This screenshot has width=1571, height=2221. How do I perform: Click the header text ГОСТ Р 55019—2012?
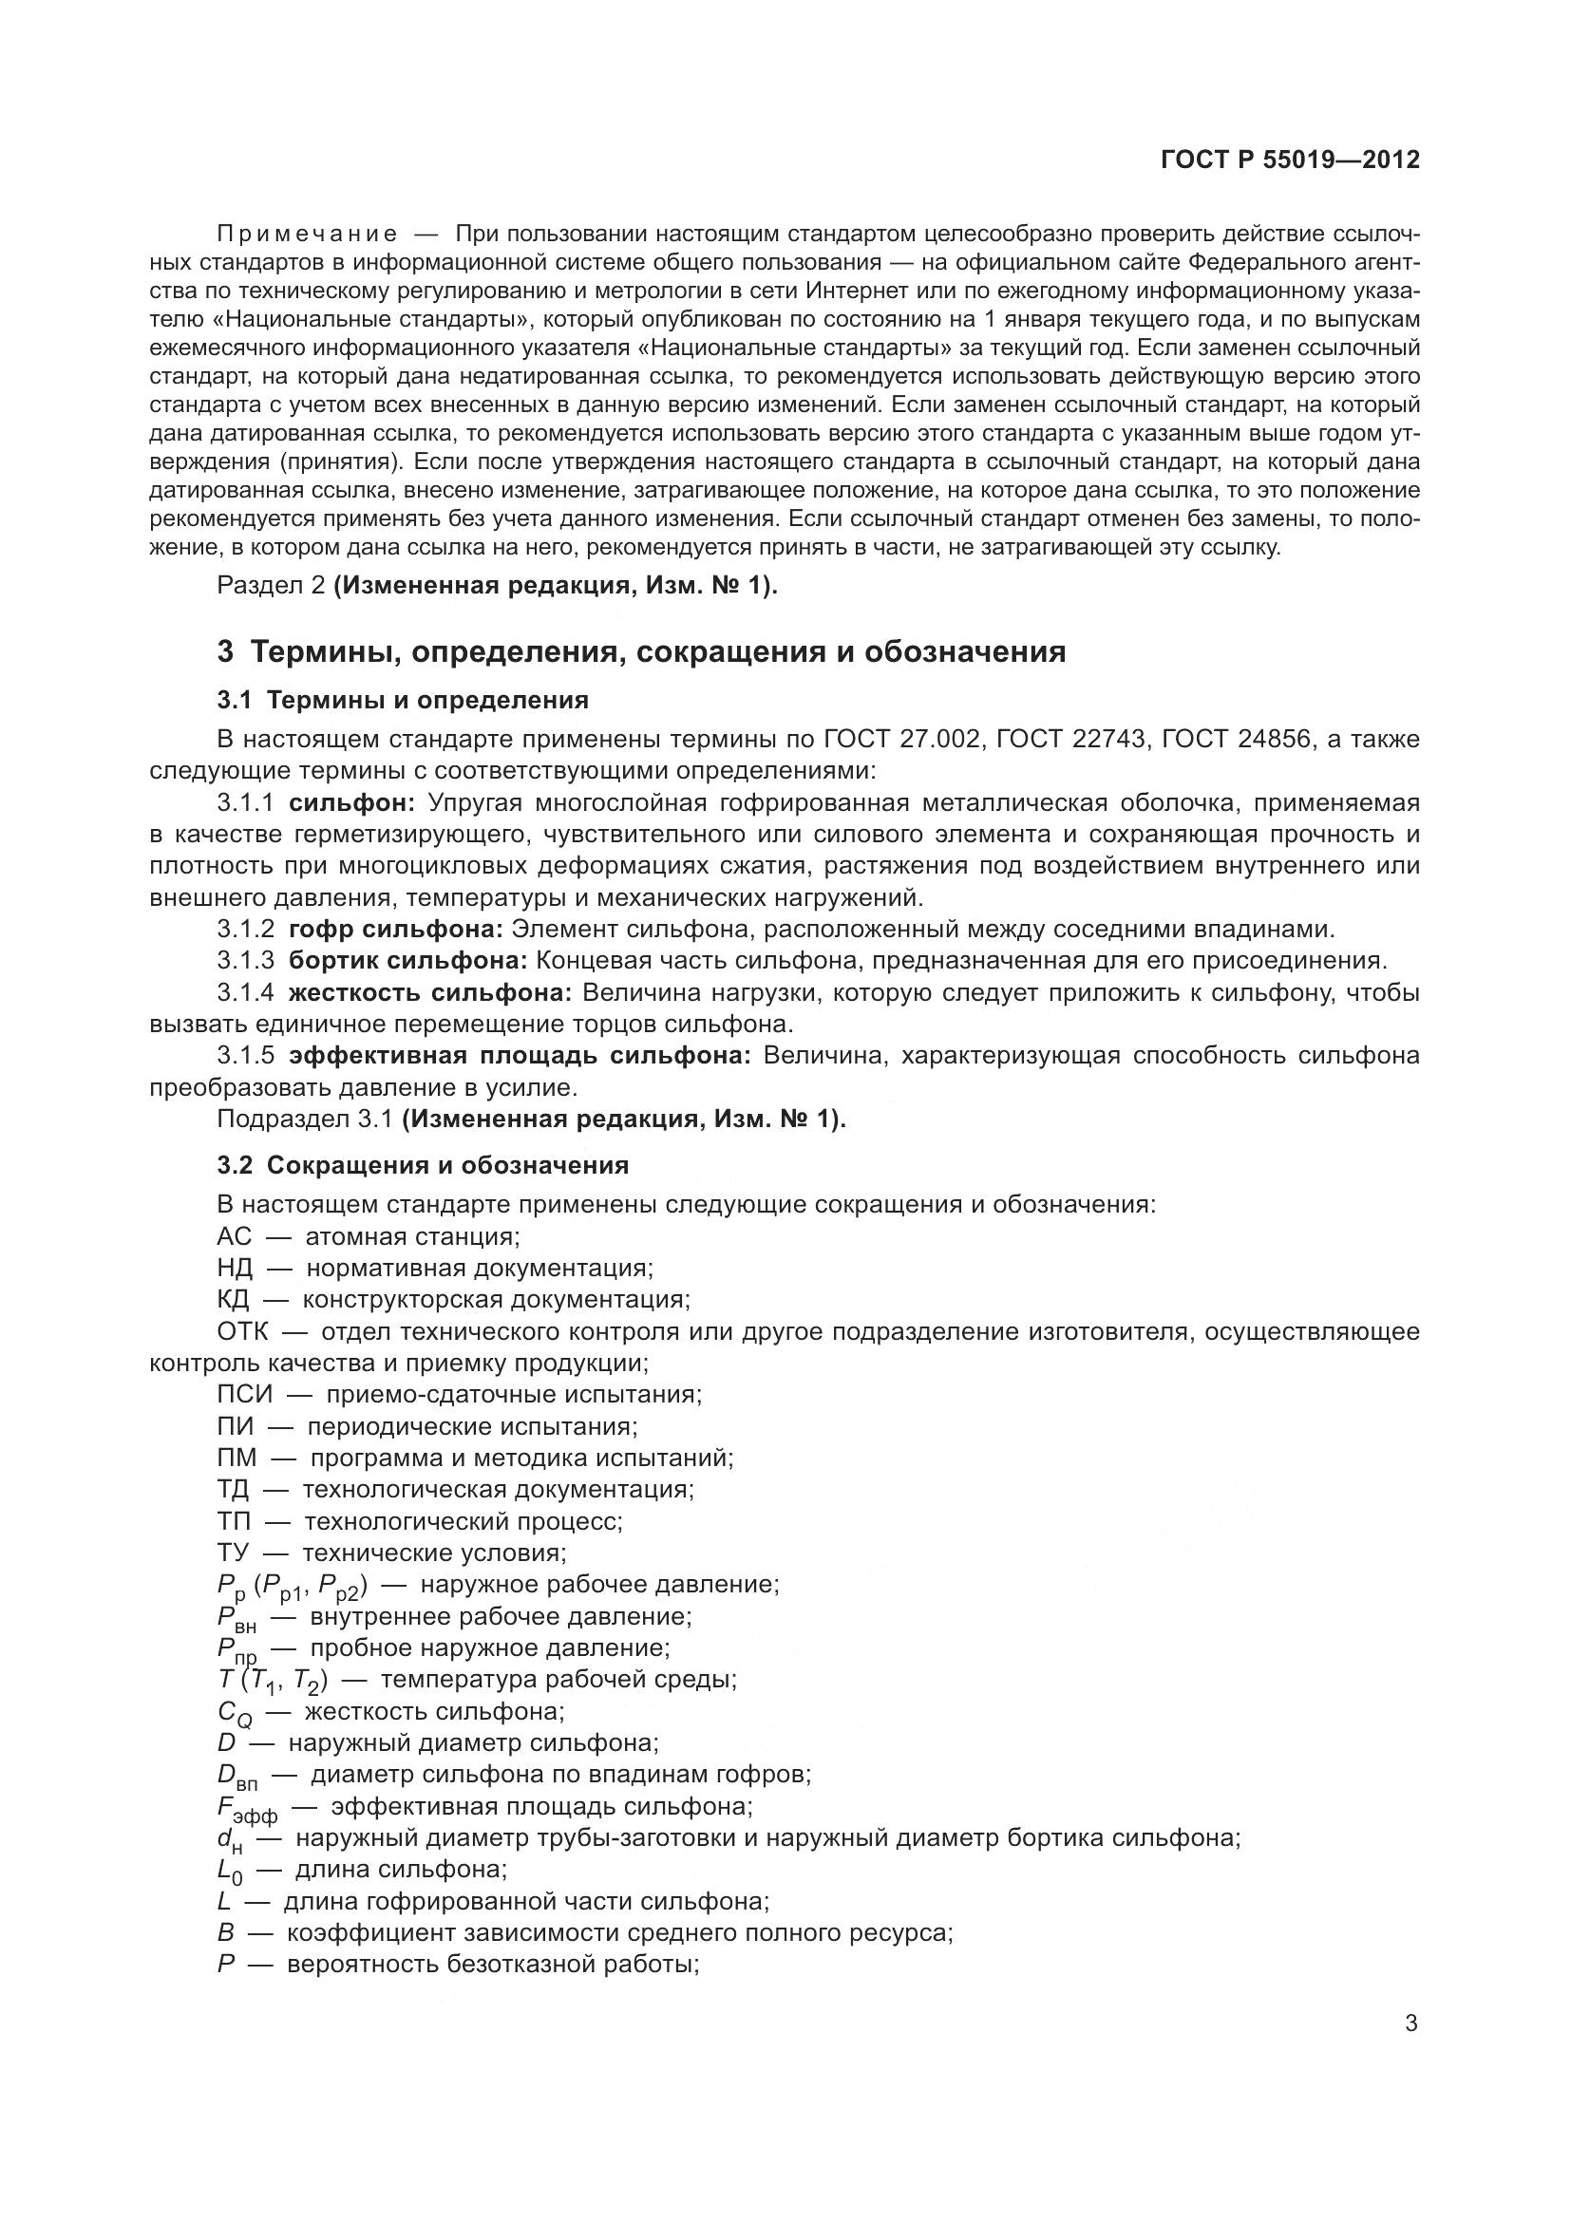point(1290,160)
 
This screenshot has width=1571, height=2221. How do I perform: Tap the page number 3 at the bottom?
point(1411,2023)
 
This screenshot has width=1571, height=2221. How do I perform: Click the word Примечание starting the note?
point(307,235)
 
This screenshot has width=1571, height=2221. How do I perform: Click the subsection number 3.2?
point(234,1166)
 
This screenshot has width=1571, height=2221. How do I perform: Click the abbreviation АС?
point(234,1237)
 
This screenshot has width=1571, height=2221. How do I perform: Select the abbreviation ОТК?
point(242,1332)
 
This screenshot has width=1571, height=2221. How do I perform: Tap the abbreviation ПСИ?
point(245,1395)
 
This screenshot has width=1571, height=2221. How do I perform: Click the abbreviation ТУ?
point(232,1553)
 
